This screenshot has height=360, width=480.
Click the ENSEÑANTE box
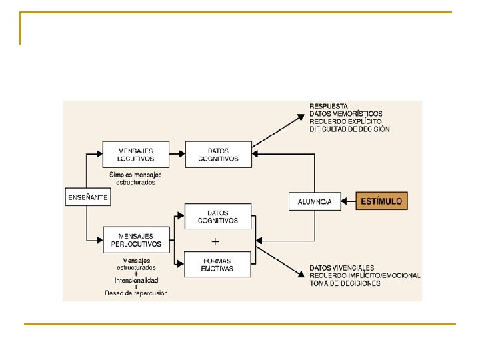(88, 197)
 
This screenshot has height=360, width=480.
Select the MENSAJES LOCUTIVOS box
(136, 155)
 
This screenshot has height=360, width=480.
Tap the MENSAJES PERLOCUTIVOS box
(136, 240)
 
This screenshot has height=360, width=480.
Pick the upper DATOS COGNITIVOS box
(218, 155)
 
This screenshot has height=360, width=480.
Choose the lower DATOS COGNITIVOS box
(218, 217)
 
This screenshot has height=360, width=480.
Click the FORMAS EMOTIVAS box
(218, 265)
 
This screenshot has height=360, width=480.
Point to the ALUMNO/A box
(315, 201)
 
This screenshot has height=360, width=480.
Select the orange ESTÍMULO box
(380, 201)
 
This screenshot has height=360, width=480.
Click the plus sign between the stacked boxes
(216, 241)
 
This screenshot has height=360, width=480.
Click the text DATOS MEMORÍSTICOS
(345, 114)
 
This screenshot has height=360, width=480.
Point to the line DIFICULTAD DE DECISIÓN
(349, 129)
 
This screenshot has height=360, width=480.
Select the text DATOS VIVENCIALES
(341, 268)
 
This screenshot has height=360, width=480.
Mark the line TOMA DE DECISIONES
(345, 283)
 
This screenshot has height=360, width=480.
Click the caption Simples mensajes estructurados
(135, 179)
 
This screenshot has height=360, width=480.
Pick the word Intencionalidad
(136, 281)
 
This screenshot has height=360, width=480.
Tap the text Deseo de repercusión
(136, 293)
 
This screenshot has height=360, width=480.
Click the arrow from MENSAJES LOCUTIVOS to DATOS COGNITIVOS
(177, 155)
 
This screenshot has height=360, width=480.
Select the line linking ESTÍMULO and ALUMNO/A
(348, 201)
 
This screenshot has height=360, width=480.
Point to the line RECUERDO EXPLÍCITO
(345, 121)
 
